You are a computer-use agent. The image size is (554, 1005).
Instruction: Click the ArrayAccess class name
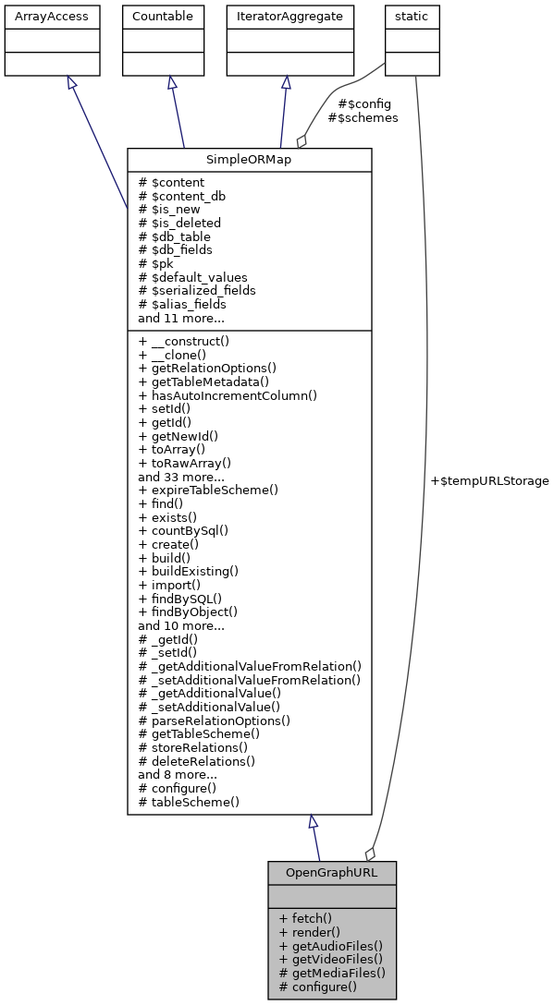[39, 16]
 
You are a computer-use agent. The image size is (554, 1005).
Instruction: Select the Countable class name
[163, 16]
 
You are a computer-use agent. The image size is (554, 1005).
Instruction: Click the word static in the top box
[412, 16]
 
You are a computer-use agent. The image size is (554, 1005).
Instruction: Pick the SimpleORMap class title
[249, 161]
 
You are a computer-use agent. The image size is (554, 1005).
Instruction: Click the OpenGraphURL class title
[332, 872]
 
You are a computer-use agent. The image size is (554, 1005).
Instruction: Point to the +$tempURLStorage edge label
[490, 481]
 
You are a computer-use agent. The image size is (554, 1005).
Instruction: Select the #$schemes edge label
[363, 118]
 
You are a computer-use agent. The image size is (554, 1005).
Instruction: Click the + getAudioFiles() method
[330, 946]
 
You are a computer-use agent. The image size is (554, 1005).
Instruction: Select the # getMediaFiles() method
[331, 973]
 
